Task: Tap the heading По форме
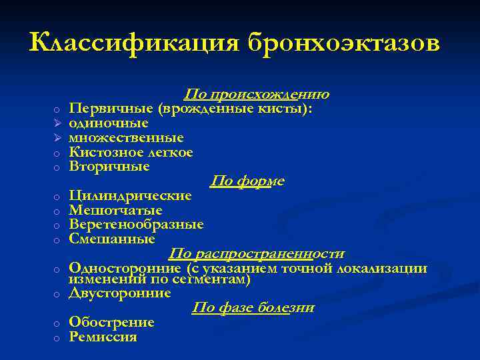[x=247, y=181]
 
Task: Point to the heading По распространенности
[x=257, y=253]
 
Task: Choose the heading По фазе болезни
[x=253, y=308]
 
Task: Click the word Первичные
[x=102, y=109]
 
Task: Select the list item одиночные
[x=109, y=123]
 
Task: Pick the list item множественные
[x=127, y=138]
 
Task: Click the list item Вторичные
[x=109, y=167]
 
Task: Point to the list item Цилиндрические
[x=130, y=196]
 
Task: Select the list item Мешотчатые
[x=116, y=211]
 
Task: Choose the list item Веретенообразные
[x=137, y=225]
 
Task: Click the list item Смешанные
[x=112, y=239]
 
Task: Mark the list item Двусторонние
[x=120, y=293]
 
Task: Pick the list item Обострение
[x=111, y=323]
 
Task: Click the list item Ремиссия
[x=103, y=337]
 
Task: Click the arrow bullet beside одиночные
[x=58, y=124]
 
